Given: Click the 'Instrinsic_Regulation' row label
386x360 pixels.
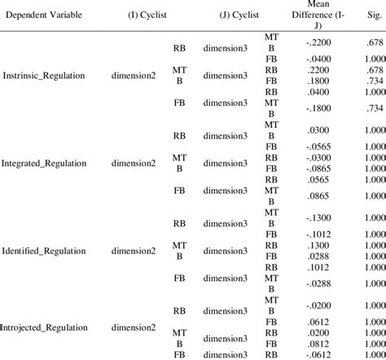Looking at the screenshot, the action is pos(45,76).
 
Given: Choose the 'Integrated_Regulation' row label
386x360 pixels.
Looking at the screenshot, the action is pos(45,163).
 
